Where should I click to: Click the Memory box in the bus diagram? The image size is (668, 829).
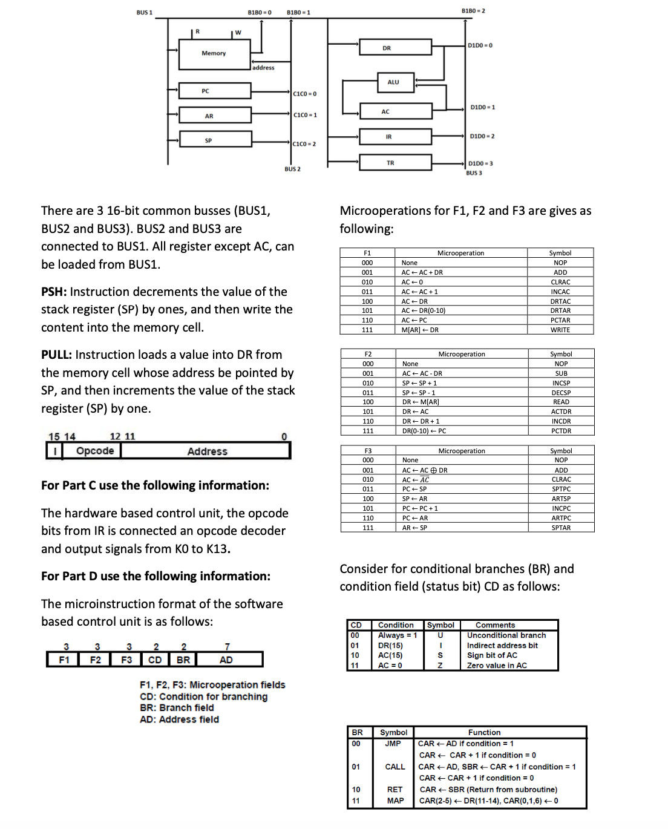[214, 54]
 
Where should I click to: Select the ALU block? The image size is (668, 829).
[393, 82]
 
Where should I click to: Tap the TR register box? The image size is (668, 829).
[390, 163]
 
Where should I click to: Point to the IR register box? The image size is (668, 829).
[388, 137]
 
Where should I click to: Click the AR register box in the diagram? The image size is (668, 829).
[209, 116]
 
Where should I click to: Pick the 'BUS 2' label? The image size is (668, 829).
[292, 169]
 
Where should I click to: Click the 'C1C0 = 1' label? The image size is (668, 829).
[305, 115]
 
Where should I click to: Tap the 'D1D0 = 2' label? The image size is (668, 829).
[482, 136]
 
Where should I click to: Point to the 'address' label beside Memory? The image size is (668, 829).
[263, 68]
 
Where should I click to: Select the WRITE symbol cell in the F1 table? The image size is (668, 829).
[560, 330]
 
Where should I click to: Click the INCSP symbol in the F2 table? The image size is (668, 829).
[561, 383]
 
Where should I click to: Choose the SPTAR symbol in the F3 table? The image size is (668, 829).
[561, 528]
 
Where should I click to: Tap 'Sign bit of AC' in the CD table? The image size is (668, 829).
[492, 655]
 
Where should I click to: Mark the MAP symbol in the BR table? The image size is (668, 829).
[395, 801]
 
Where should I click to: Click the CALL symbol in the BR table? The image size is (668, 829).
[395, 767]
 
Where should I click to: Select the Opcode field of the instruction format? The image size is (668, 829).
[95, 451]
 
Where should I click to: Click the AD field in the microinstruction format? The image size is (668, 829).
[226, 660]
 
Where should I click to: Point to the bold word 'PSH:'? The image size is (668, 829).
[54, 292]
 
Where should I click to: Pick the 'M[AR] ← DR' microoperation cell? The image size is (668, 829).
[420, 330]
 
